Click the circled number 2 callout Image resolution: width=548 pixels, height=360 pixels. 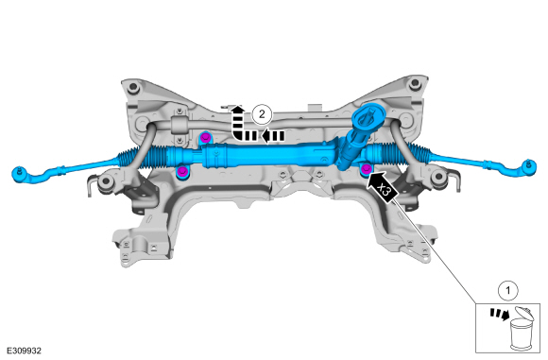262,114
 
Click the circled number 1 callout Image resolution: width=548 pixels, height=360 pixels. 507,290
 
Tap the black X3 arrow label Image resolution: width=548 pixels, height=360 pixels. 382,186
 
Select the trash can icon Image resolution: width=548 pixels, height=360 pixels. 522,328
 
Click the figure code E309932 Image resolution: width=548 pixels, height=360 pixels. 24,351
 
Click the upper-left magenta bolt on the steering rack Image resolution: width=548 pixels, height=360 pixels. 206,136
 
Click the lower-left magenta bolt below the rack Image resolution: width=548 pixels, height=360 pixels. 182,171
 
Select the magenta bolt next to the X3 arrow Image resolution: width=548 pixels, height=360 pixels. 366,169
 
